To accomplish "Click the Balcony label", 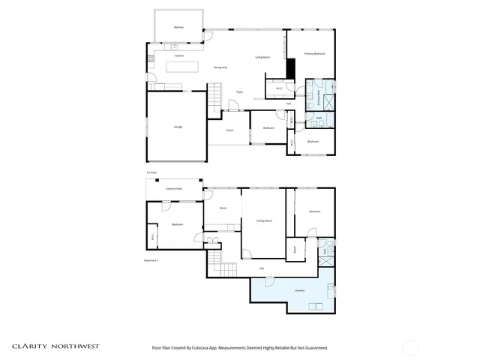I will point(178,27).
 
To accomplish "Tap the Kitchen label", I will point(179,56).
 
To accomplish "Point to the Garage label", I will point(178,127).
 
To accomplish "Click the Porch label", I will point(229,130).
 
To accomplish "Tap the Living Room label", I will point(262,57).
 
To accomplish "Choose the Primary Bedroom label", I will point(313,54).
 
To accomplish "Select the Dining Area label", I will point(220,67).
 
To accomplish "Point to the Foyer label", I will point(240,92).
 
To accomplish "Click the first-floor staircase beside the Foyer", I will point(215,95).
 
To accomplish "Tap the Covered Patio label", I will point(175,189).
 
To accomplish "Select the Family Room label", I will point(264,220).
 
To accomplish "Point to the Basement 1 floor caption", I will point(151,259).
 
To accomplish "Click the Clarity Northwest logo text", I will point(54,346).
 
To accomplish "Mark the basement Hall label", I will point(261,268).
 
